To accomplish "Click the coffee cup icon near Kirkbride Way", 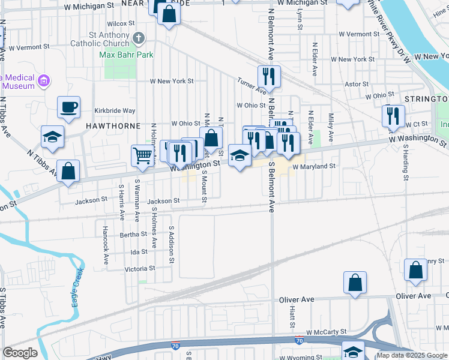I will point(68,107).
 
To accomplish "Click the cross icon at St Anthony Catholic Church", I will point(139,39).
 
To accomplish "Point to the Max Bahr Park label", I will point(127,55).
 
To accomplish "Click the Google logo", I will point(20,353).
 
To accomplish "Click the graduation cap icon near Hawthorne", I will point(52,136).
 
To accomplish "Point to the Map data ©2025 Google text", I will point(411,355).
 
